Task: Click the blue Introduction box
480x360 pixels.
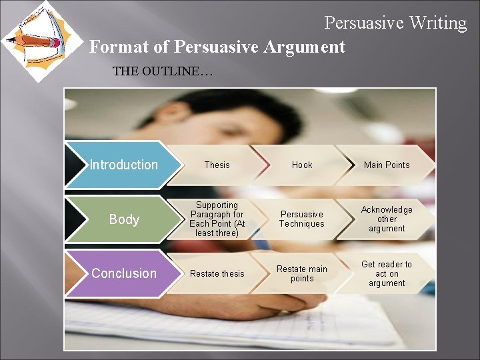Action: (123, 165)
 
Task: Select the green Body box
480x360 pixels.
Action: (123, 219)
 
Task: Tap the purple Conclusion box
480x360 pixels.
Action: (123, 273)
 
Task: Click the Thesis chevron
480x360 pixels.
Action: (217, 165)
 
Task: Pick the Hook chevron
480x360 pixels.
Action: (301, 165)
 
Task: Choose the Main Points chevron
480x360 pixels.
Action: (387, 165)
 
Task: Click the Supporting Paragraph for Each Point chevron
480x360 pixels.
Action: (217, 219)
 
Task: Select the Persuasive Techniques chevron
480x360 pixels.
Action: (301, 219)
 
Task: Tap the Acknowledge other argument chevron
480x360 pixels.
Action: (387, 219)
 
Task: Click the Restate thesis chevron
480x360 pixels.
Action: (217, 273)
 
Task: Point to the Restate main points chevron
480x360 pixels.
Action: (301, 273)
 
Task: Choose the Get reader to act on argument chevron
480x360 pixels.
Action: (387, 273)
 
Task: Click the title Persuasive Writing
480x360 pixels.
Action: (395, 23)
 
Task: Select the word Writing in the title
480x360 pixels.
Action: (438, 23)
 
